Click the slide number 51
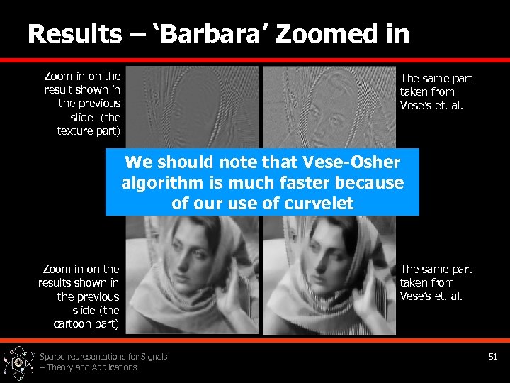tap(493, 356)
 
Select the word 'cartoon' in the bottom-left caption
tap(75, 323)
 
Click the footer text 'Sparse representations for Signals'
tap(103, 356)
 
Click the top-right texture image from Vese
tap(329, 106)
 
